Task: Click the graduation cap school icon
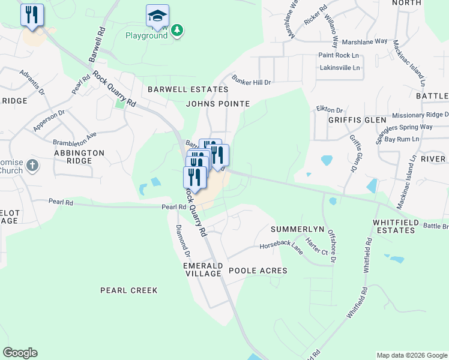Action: pos(157,16)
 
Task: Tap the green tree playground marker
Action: pos(176,29)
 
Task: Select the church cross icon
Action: pos(32,164)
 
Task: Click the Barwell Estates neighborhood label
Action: pos(188,89)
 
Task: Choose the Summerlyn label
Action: pos(297,230)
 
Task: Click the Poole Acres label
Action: pos(258,271)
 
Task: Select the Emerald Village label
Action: pos(203,269)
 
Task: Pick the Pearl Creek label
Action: pos(128,290)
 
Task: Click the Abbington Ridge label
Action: pos(79,157)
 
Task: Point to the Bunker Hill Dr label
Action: pos(252,82)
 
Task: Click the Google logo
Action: pos(20,353)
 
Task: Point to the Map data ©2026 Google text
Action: pos(411,355)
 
